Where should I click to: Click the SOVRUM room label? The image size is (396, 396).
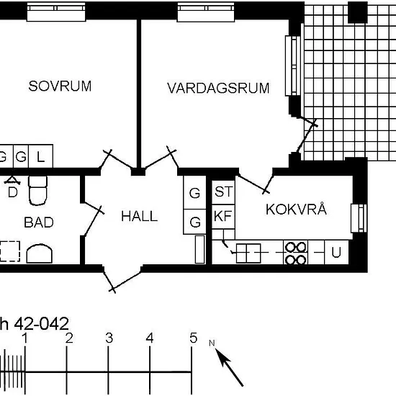(x=60, y=86)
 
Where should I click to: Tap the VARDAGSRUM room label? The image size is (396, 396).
(x=218, y=88)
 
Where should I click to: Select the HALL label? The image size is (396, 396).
(x=140, y=217)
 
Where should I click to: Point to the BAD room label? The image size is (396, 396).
(x=39, y=222)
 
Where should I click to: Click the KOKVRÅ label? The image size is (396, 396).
(x=296, y=210)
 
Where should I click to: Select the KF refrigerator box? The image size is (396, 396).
(x=223, y=217)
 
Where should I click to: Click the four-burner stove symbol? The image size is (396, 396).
(x=295, y=253)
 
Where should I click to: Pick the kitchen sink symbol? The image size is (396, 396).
(x=248, y=253)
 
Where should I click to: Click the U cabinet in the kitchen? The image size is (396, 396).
(x=336, y=252)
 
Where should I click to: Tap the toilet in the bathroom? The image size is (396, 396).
(x=38, y=190)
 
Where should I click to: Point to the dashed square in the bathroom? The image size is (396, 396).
(x=10, y=251)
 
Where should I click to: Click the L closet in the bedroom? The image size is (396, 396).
(x=40, y=156)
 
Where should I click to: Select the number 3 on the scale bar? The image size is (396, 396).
(x=109, y=338)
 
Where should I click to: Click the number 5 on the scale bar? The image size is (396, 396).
(x=193, y=338)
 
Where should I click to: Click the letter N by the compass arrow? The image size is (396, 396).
(x=212, y=343)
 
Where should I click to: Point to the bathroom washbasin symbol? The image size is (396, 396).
(x=40, y=253)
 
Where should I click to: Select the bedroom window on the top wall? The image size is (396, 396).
(x=56, y=12)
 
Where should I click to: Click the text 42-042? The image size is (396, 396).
(x=42, y=323)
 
